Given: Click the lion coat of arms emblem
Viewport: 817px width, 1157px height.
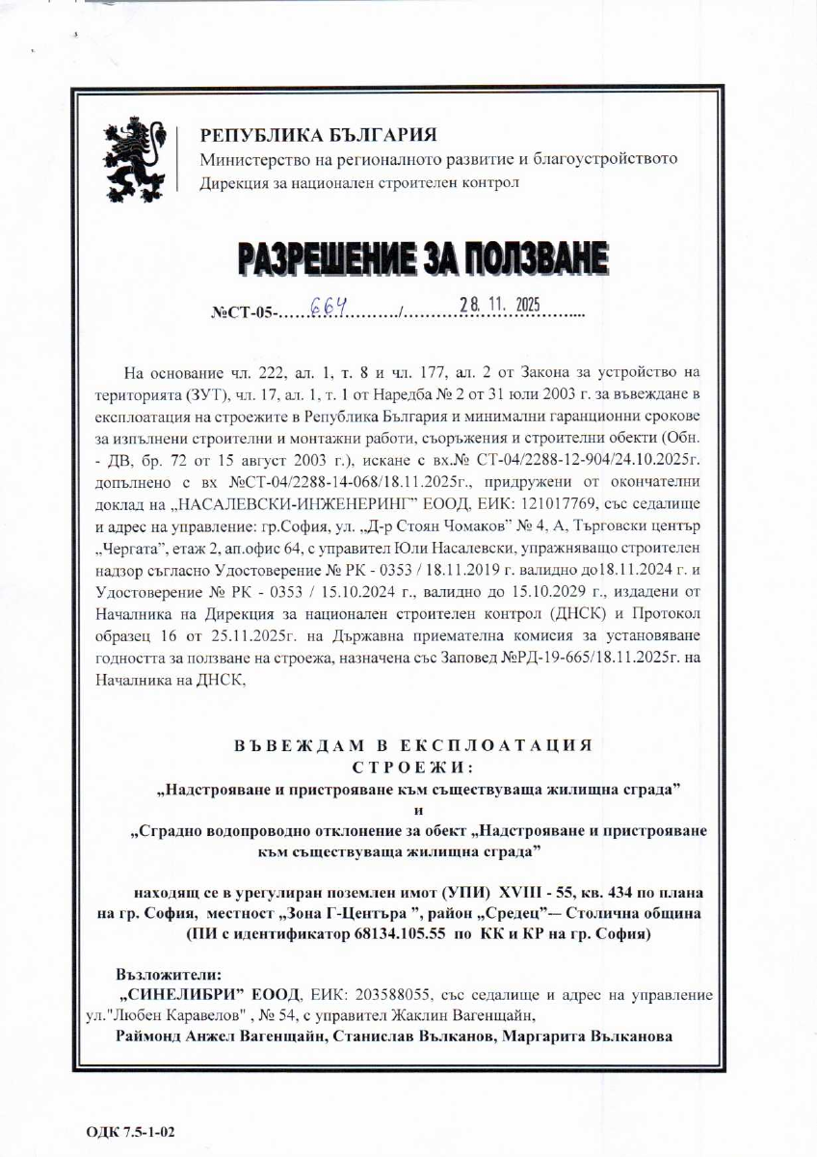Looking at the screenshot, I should pos(138,155).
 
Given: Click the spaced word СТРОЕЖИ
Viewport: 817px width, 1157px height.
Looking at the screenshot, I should pos(411,767).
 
